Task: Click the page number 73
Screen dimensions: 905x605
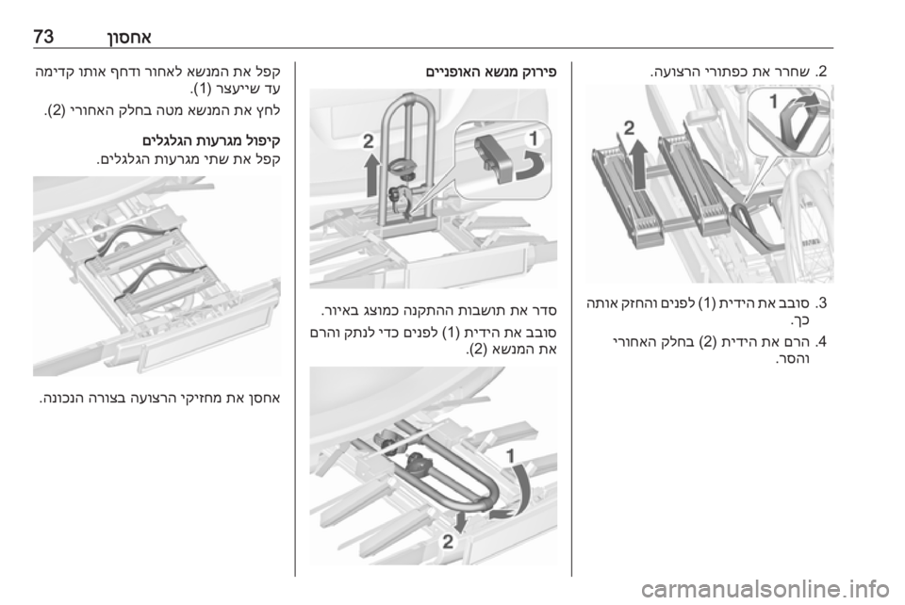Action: [44, 38]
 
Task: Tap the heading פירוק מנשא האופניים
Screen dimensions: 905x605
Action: [490, 73]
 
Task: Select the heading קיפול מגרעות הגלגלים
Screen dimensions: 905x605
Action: [211, 140]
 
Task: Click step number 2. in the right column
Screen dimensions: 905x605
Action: [821, 73]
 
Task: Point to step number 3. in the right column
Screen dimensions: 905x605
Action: [821, 303]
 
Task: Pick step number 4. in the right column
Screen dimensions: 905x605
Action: [821, 342]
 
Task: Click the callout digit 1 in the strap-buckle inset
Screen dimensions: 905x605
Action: [773, 102]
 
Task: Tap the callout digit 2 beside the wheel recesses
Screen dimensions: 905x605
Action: [629, 127]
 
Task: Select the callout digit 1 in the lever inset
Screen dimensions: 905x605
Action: [534, 139]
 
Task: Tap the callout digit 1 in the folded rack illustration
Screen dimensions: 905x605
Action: [510, 456]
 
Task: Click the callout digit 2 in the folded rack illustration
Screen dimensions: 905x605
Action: [448, 542]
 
